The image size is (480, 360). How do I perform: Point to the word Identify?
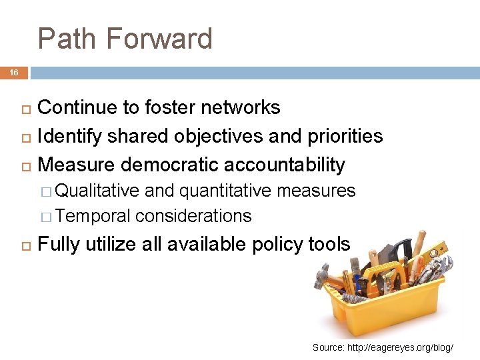[x=70, y=136]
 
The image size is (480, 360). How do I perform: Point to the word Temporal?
[x=93, y=216]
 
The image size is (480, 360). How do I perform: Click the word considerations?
[x=193, y=216]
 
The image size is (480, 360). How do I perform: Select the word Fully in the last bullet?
[x=57, y=245]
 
